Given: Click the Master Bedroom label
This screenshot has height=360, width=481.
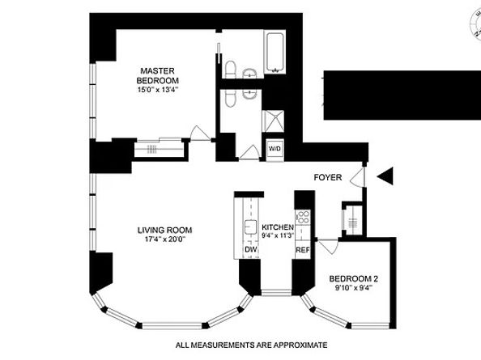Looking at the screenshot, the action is (158, 76).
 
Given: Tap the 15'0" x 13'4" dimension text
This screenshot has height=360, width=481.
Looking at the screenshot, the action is (158, 90).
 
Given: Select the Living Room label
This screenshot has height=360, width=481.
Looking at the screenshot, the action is (164, 230).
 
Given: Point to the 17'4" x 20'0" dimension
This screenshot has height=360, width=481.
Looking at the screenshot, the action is (165, 239).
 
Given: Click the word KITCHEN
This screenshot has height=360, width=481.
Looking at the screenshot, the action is (278, 227).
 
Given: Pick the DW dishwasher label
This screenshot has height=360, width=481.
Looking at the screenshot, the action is (251, 249).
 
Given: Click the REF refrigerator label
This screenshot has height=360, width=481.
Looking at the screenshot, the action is (303, 250).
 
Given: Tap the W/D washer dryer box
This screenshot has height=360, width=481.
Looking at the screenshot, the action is (275, 149).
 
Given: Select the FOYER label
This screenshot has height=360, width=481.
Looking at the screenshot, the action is (328, 177).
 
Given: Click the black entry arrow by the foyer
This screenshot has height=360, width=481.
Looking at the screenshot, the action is (385, 176).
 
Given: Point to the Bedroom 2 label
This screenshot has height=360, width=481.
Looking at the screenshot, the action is (353, 279).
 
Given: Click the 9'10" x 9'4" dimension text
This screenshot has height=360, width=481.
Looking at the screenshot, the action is (353, 288).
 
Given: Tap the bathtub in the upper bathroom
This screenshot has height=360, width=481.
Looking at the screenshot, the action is (275, 52).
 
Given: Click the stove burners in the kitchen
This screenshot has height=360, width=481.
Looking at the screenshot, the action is (303, 217).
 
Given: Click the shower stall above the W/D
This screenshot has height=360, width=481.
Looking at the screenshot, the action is (273, 121).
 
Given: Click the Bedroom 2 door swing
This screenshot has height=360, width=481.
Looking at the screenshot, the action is (328, 246).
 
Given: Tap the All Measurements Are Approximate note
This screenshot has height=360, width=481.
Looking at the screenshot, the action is (251, 345).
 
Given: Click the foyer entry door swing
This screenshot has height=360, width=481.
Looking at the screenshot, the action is (358, 177).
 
